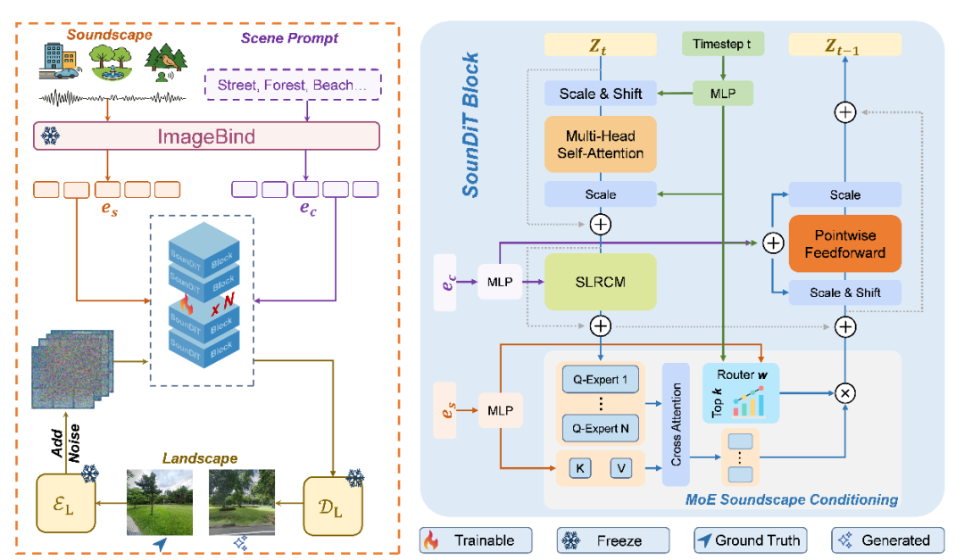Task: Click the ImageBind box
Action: tap(207, 136)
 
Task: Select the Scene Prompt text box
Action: tap(293, 86)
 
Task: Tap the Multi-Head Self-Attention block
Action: tap(601, 145)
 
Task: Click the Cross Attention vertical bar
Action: tap(677, 424)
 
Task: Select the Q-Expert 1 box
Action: tap(600, 379)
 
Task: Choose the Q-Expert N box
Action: tap(600, 429)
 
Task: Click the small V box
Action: tap(622, 467)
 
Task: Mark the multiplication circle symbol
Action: tap(843, 391)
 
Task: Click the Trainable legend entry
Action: tap(475, 539)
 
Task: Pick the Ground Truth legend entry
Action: tap(749, 539)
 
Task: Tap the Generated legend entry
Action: tap(885, 539)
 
